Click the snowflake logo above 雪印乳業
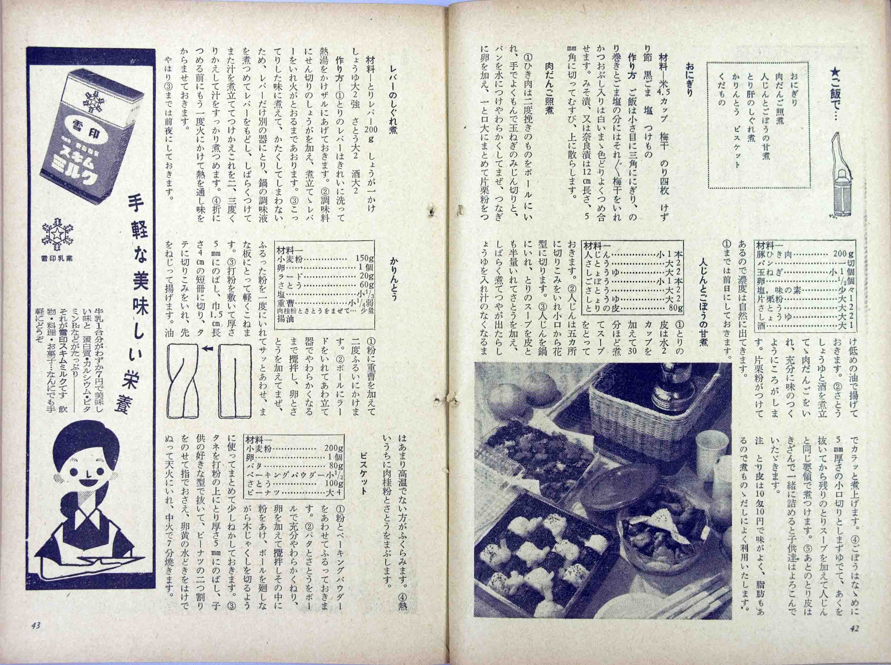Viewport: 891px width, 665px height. click(x=55, y=233)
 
